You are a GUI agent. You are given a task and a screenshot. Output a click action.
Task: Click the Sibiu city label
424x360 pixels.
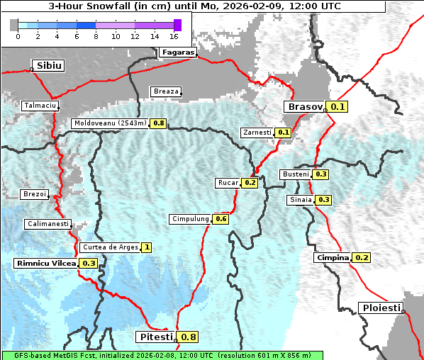click(x=50, y=65)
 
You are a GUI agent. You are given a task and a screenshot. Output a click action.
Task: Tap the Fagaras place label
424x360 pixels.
click(x=177, y=52)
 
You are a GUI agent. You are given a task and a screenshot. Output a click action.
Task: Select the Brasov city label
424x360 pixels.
click(x=304, y=107)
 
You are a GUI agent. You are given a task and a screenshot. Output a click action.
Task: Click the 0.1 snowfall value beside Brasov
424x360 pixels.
click(x=338, y=107)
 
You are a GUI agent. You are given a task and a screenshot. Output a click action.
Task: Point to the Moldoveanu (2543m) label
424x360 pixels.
click(x=110, y=123)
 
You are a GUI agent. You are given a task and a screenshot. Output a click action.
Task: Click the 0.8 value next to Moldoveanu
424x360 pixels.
click(x=158, y=123)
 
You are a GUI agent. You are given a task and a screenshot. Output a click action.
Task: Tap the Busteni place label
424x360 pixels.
click(x=295, y=174)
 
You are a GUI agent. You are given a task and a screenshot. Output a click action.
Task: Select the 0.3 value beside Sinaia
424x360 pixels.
click(x=323, y=200)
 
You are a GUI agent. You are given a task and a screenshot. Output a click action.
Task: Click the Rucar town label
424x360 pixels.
click(x=228, y=183)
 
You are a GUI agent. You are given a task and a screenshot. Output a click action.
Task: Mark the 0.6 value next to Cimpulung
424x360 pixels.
click(x=221, y=219)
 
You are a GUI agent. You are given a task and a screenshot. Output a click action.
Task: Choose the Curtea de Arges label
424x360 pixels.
click(x=109, y=247)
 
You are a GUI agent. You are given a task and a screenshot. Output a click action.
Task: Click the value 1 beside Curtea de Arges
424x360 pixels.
click(x=146, y=247)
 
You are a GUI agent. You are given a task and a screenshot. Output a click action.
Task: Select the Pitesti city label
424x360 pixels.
click(x=155, y=337)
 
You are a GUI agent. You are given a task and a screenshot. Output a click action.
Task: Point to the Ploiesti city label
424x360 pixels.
click(x=381, y=308)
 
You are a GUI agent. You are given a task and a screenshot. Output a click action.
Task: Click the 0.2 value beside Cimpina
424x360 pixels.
click(x=362, y=258)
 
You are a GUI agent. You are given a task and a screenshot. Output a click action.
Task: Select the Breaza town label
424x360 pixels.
click(x=166, y=91)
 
